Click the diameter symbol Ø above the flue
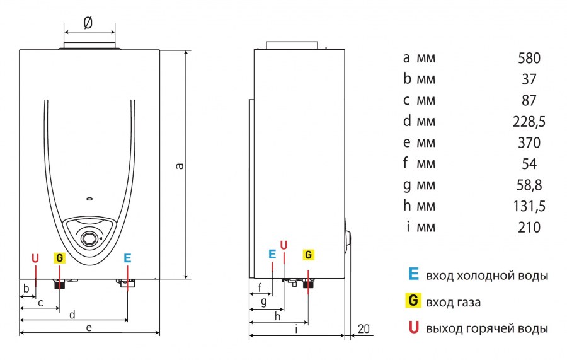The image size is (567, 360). [x=88, y=23]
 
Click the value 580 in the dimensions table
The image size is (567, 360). [x=529, y=59]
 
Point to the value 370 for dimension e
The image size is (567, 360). [x=529, y=143]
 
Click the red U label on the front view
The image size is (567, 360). [x=35, y=258]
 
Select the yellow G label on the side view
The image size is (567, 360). [x=308, y=255]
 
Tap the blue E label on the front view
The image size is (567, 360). [x=127, y=258]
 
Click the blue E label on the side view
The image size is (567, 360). [x=272, y=254]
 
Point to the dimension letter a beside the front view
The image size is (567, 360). [x=179, y=166]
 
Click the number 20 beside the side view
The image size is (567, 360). [x=364, y=328]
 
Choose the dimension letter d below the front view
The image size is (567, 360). [x=72, y=313]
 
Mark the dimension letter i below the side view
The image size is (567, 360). [x=296, y=328]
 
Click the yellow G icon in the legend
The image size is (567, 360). [x=413, y=301]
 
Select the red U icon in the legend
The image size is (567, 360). [x=413, y=327]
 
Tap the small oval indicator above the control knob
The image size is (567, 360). [x=89, y=200]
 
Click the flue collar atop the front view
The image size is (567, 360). [x=89, y=46]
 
